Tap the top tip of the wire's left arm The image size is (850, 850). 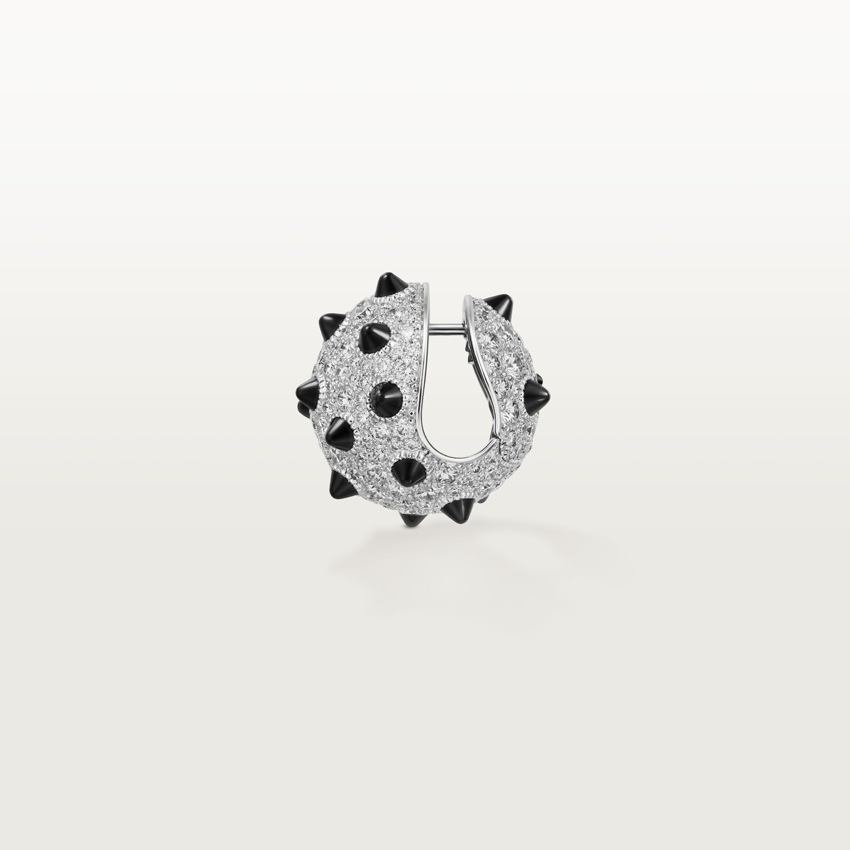click(426, 286)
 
